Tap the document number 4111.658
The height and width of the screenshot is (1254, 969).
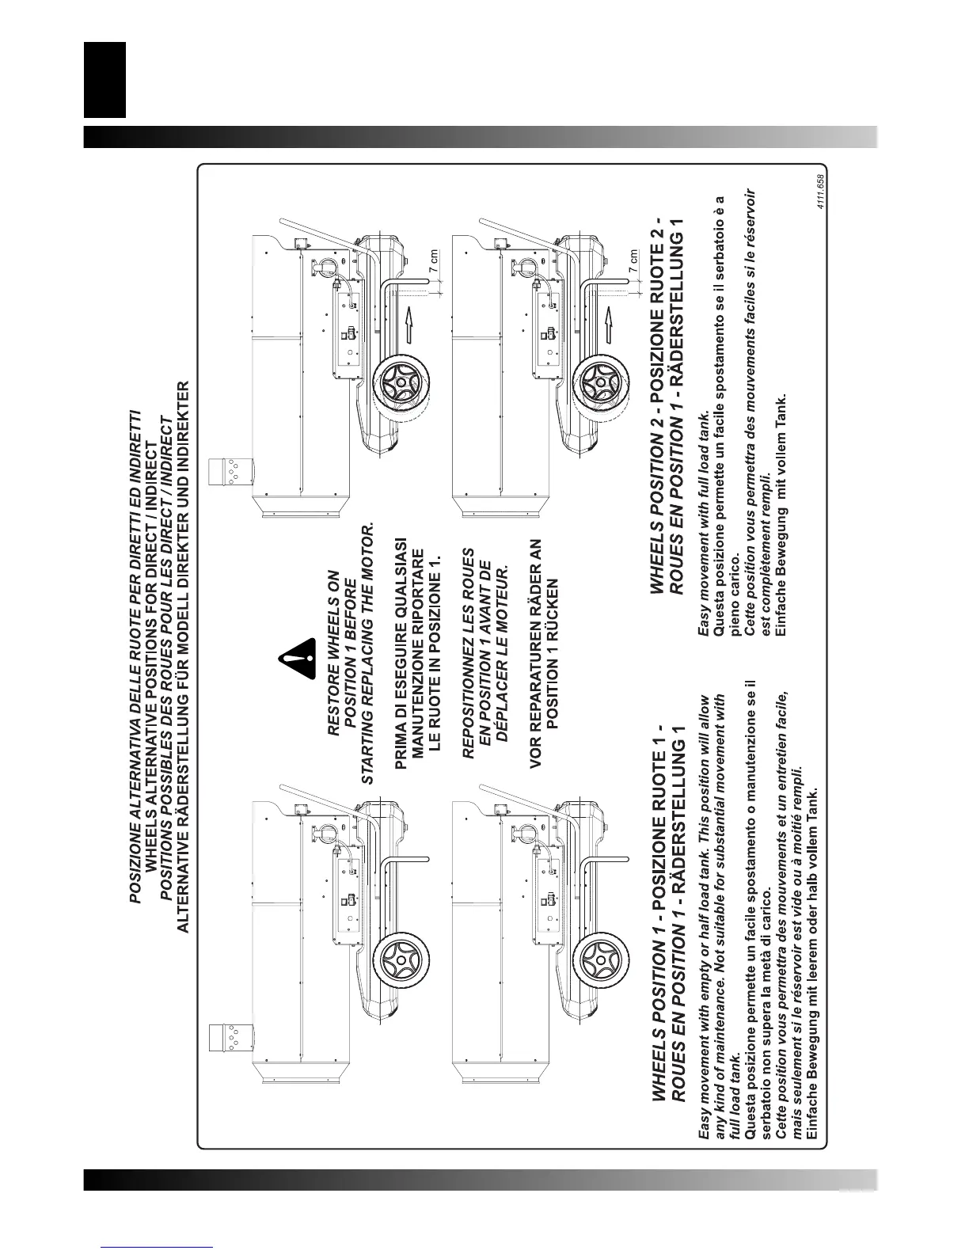[823, 191]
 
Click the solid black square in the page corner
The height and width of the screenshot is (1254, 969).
[104, 78]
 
